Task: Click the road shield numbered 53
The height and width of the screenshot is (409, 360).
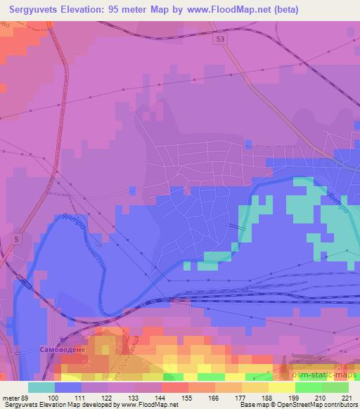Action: point(221,41)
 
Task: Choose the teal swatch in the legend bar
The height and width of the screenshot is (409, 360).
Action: point(41,387)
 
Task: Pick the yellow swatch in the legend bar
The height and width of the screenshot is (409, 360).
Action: point(281,387)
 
